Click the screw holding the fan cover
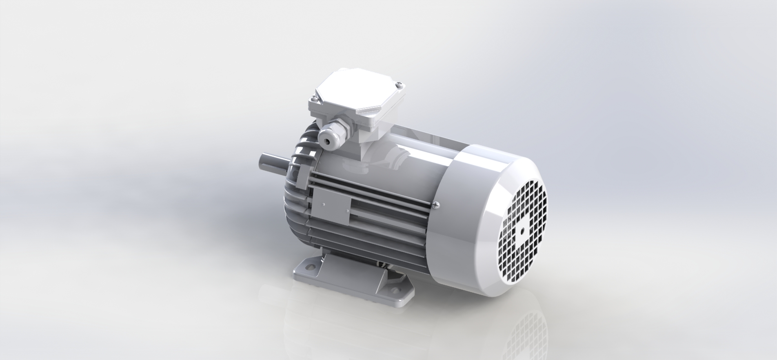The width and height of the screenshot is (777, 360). tap(436, 205)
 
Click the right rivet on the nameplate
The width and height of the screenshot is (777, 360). tap(347, 211)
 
